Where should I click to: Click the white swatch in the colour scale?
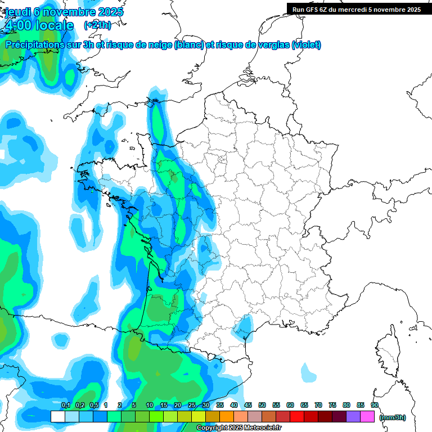tap(57, 417)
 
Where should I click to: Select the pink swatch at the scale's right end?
tap(367, 417)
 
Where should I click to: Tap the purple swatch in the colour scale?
tap(353, 417)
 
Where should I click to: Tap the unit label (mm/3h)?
tap(393, 417)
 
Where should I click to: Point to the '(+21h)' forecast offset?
tap(98, 25)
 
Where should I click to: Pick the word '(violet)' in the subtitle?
tap(306, 44)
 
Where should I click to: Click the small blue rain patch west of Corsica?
tap(308, 372)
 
